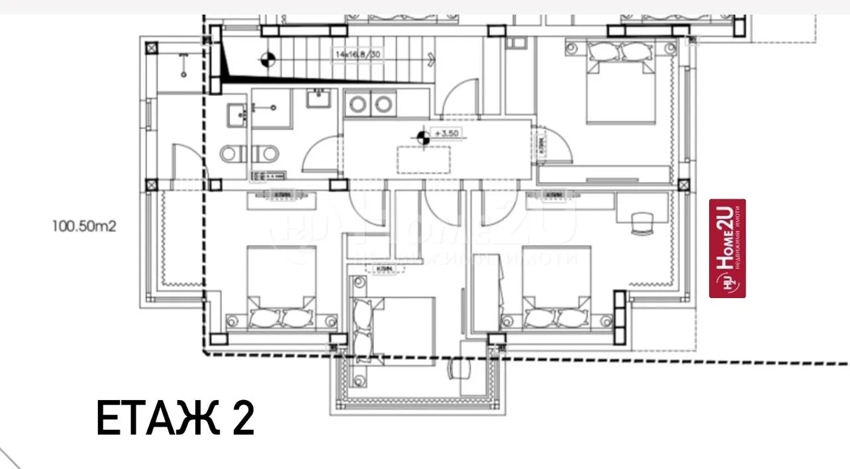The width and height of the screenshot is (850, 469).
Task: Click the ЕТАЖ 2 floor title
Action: tap(175, 418)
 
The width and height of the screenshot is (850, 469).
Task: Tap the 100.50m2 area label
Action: tap(84, 226)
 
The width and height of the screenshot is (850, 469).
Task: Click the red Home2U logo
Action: tap(728, 248)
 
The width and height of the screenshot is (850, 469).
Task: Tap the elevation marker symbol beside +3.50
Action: tap(421, 138)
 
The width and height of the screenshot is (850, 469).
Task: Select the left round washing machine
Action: tap(359, 104)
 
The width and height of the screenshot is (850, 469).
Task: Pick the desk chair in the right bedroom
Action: tap(639, 223)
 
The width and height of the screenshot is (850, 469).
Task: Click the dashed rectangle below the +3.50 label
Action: tap(424, 159)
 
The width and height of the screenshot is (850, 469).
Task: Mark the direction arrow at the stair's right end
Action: tap(431, 58)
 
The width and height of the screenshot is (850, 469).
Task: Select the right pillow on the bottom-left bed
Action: tap(296, 319)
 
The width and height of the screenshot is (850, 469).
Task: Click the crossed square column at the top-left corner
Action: tap(152, 48)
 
